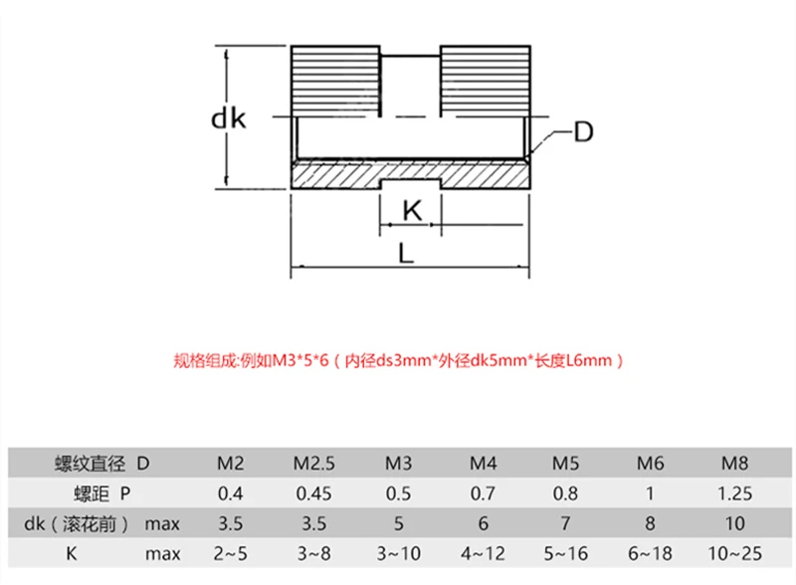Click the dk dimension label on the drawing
tap(229, 118)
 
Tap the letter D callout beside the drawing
tap(584, 131)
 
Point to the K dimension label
tap(412, 210)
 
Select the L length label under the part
tap(406, 253)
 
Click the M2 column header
tap(231, 464)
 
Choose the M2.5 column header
tap(314, 464)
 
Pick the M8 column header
tap(734, 464)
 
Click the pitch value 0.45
tap(313, 493)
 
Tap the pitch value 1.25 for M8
tap(734, 493)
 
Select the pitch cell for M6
tap(651, 493)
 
